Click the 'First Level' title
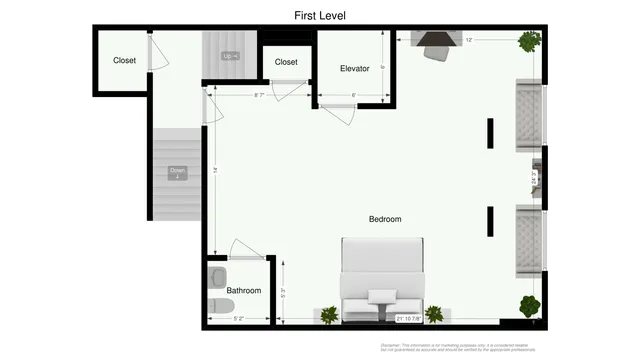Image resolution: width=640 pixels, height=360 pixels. pos(320,15)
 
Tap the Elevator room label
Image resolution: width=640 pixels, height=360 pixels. pos(355,69)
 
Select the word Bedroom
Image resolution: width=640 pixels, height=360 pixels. pos(385,219)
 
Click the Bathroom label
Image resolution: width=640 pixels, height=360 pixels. pos(243,291)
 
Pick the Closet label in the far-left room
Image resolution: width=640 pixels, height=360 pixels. pos(124,61)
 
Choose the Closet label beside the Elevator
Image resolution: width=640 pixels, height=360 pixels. pos(286,62)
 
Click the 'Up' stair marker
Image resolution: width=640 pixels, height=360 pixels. pos(230,56)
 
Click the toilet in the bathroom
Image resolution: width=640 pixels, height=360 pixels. pos(217,305)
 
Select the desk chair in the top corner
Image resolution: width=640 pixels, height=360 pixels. pos(437,51)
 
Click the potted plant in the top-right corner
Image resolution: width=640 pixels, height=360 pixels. pos(529,42)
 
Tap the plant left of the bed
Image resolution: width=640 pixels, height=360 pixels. pos(329,315)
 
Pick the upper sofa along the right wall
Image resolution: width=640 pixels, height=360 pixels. pos(528,115)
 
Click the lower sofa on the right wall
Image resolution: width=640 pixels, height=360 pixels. pos(528,240)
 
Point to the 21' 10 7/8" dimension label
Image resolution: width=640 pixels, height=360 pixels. pos(411,319)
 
